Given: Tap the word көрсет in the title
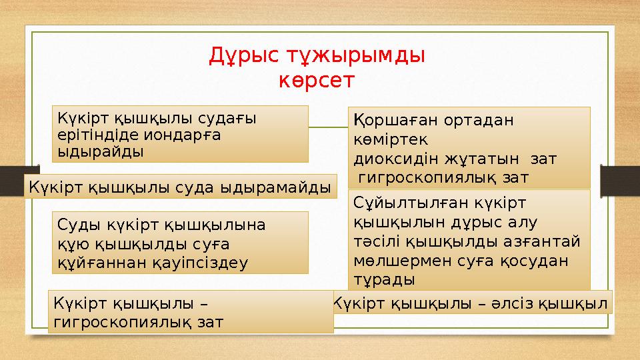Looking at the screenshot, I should pyautogui.click(x=317, y=81).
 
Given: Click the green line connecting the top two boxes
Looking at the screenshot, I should pyautogui.click(x=328, y=127).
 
